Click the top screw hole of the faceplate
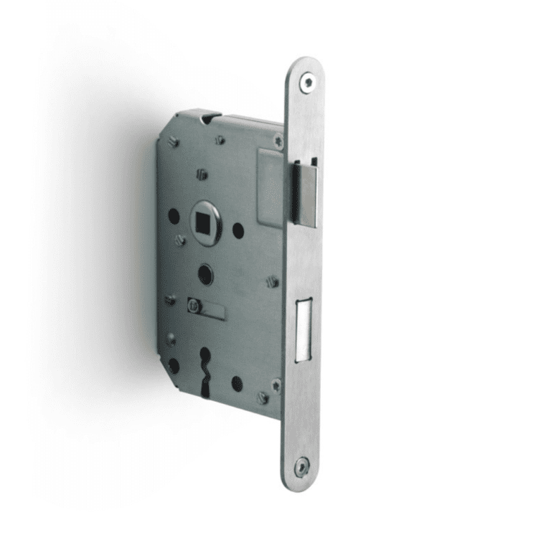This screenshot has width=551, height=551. tap(307, 83)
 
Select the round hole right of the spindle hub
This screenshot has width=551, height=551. tap(238, 230)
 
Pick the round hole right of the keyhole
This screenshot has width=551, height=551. tap(237, 383)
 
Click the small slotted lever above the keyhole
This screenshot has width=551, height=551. tap(204, 307)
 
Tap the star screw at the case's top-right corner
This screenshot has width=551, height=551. tap(278, 141)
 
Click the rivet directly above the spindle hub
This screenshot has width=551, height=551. tap(202, 174)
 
